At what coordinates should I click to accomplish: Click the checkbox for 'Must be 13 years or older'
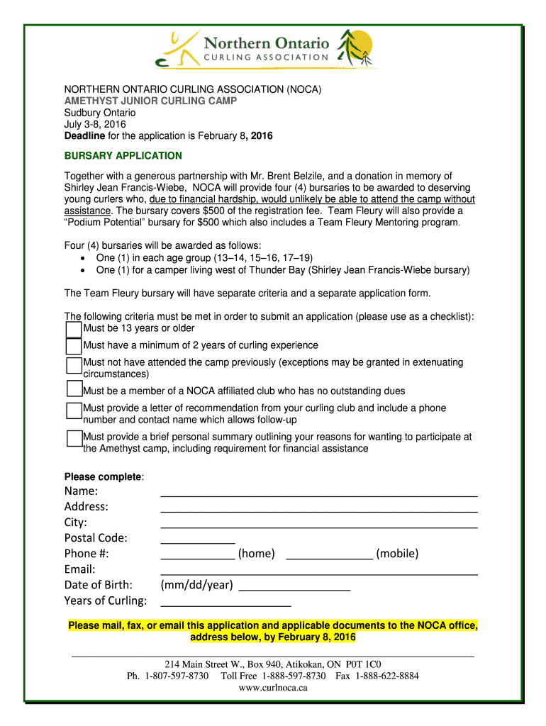(74, 330)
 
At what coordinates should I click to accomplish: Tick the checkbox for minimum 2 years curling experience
(74, 347)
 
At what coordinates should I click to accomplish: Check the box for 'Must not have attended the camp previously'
(74, 365)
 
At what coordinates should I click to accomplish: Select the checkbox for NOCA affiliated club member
(74, 389)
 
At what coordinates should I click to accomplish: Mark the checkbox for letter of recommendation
(74, 411)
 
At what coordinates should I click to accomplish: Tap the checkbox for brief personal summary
(74, 438)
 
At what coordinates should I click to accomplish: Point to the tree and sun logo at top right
(355, 48)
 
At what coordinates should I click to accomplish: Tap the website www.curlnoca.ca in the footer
(273, 688)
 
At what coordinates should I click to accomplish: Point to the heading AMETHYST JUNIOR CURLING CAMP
(151, 101)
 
